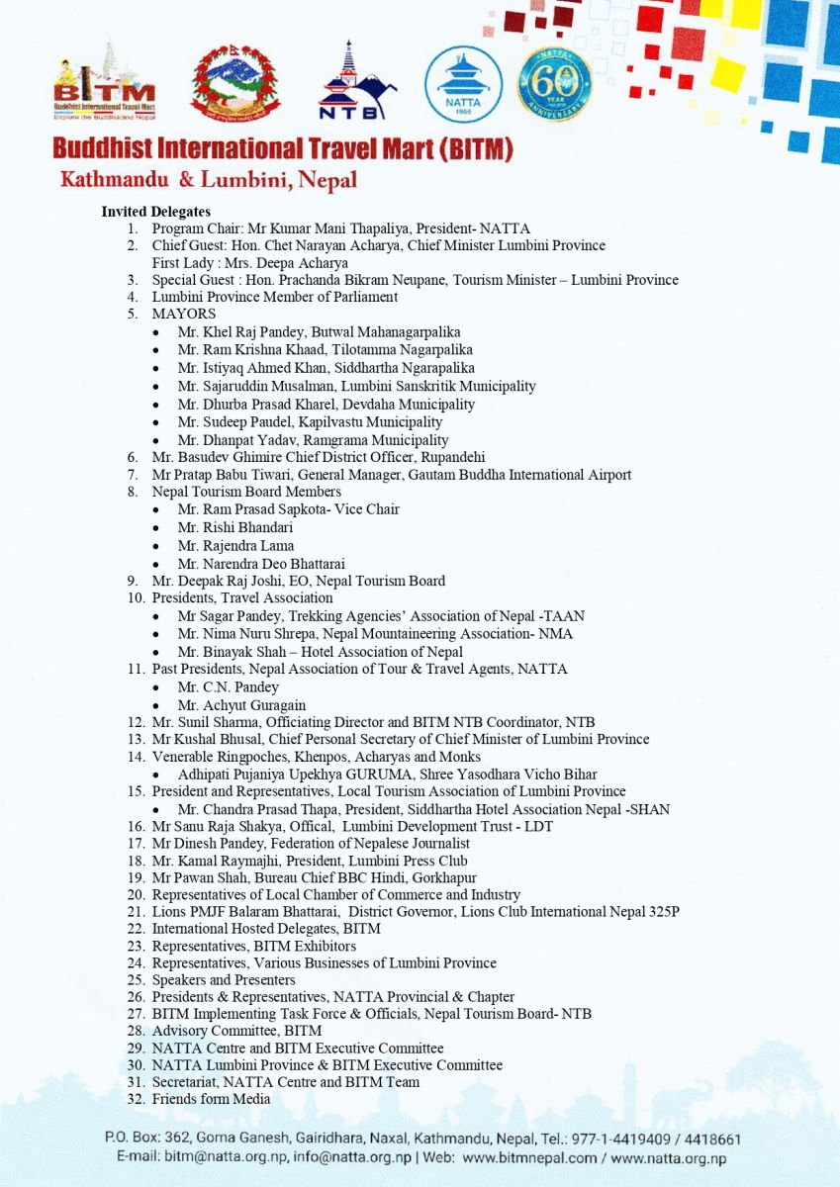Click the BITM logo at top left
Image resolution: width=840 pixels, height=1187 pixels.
click(x=104, y=83)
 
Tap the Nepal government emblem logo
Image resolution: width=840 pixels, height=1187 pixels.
click(x=235, y=83)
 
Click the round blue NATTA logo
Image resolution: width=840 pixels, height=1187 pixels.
click(x=463, y=84)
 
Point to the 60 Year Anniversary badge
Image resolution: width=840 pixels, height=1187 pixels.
click(x=554, y=83)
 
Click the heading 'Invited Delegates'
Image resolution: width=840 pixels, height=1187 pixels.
click(x=155, y=212)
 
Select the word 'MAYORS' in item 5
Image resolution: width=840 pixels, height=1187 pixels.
click(x=184, y=314)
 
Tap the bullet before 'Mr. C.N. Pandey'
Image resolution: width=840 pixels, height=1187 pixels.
click(x=156, y=687)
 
